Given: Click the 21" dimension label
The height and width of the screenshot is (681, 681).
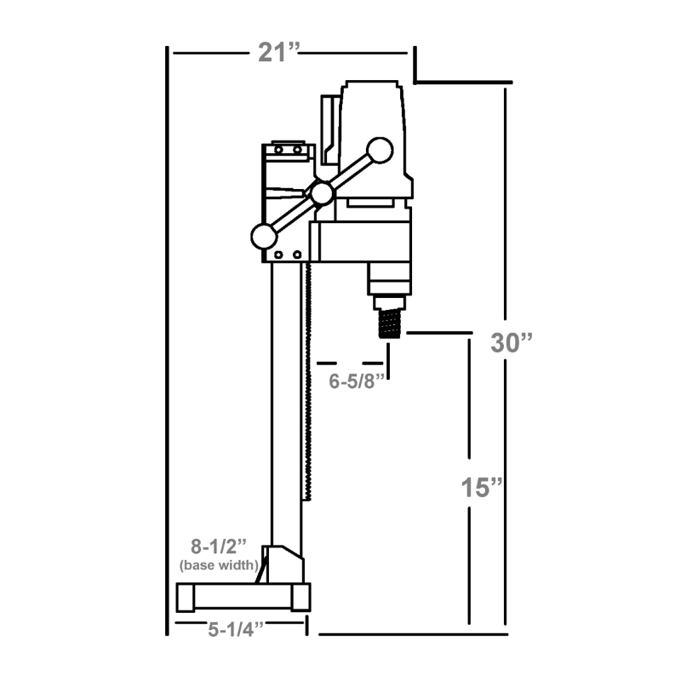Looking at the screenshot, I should [x=280, y=52].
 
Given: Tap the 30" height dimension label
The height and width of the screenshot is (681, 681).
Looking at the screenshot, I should [x=512, y=342].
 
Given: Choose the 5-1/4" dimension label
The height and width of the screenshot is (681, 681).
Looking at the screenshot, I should [x=235, y=630].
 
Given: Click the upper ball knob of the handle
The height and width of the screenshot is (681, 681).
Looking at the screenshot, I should [x=380, y=151].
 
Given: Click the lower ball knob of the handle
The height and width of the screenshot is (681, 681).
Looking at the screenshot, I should [x=262, y=235].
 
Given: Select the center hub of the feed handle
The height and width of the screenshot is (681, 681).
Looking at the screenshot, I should [x=322, y=194].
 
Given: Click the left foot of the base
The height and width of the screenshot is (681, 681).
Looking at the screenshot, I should [x=185, y=598].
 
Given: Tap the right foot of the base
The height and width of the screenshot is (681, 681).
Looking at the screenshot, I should [x=299, y=598].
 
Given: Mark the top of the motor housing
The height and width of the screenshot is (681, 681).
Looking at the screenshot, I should [x=371, y=86].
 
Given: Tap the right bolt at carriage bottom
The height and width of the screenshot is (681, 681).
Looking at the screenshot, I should [x=297, y=255].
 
